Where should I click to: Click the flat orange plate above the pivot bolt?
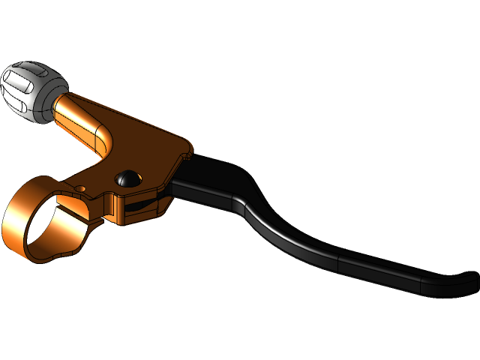pos(150,150)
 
